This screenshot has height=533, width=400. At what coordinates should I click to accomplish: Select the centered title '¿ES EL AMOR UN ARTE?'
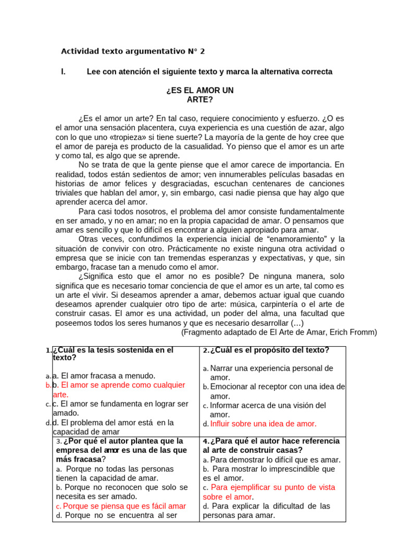200,95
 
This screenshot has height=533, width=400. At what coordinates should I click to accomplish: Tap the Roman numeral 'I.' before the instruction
63,71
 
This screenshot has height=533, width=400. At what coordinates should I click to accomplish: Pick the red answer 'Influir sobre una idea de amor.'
263,424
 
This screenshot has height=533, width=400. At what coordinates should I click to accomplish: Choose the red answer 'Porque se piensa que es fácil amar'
124,506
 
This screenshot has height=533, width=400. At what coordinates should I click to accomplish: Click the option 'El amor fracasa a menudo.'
108,375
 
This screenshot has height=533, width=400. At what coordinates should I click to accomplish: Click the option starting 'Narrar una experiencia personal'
271,368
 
